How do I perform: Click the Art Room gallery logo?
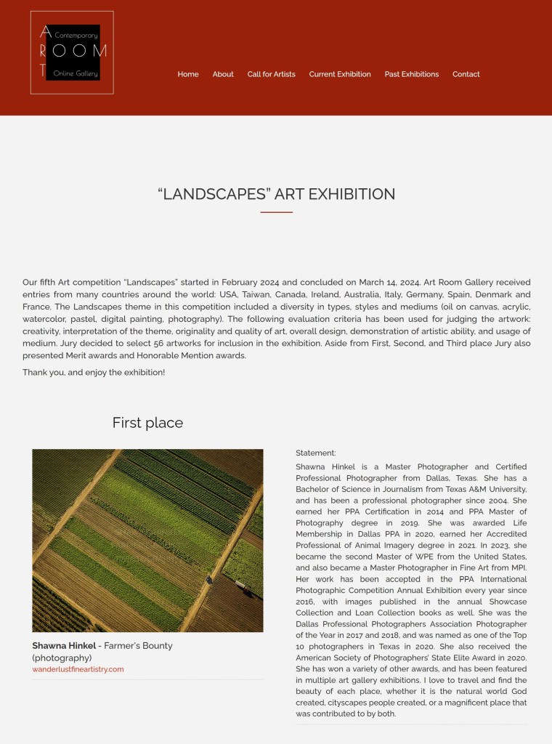point(72,52)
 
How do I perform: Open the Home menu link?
point(188,74)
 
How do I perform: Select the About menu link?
point(223,74)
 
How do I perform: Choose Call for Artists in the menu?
point(271,74)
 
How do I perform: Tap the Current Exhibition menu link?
point(340,74)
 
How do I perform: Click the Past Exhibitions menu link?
point(412,74)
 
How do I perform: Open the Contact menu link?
point(466,74)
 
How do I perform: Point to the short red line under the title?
point(276,212)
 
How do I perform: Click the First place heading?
point(147,423)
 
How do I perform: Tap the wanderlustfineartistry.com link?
point(78,669)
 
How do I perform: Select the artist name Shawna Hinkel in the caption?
point(64,645)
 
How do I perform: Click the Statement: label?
point(316,453)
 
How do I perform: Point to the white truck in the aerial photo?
point(240,584)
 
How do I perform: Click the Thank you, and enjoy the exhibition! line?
point(94,372)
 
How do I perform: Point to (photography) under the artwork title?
point(62,658)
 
